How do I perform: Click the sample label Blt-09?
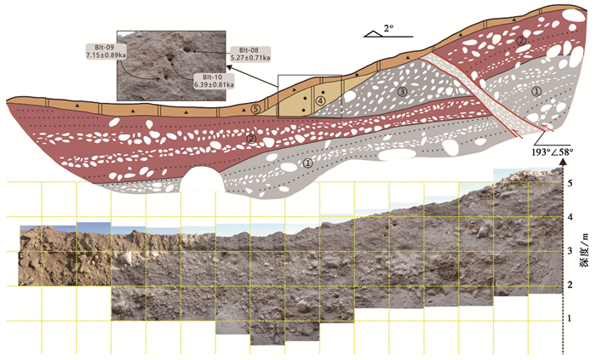[102, 46]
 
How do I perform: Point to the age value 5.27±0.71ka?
[249, 58]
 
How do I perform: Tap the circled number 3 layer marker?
[403, 90]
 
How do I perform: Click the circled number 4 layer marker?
[320, 100]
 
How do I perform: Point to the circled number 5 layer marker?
[255, 109]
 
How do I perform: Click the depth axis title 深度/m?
[585, 247]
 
